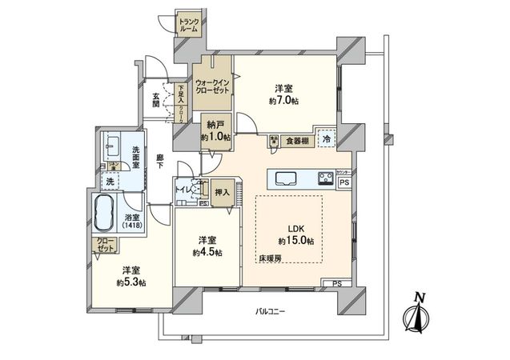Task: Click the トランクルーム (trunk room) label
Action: [189, 24]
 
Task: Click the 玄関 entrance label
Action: [157, 101]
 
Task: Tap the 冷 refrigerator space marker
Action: [326, 138]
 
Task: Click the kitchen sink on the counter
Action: [287, 178]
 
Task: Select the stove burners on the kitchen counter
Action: [327, 178]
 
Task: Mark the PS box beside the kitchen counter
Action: [344, 182]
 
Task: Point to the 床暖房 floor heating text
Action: [269, 259]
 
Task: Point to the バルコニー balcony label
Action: [271, 310]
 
